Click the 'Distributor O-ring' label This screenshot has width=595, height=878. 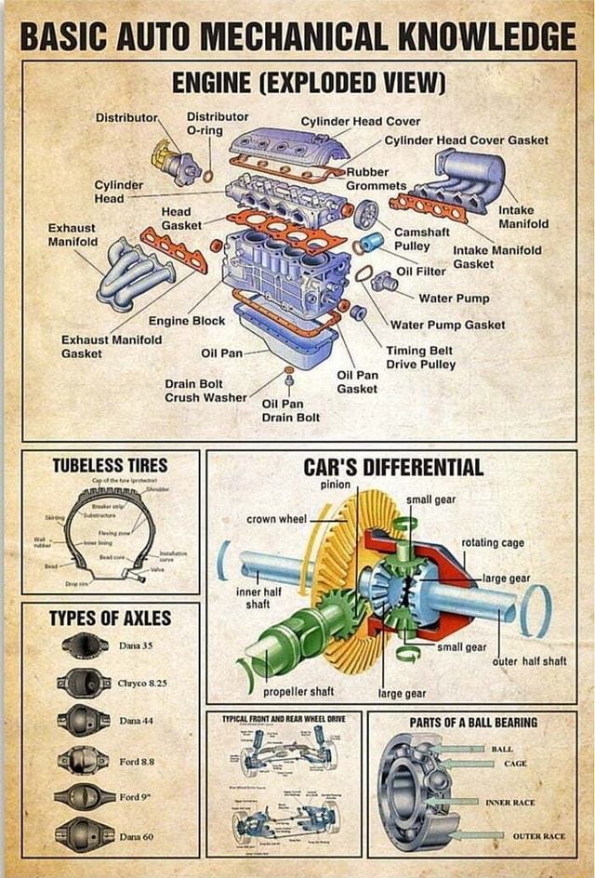point(218,124)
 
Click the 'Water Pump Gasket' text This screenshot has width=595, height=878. point(447,325)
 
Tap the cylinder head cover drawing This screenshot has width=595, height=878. point(276,147)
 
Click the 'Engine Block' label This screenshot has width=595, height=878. point(187,321)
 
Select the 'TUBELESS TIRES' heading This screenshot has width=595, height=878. point(110,465)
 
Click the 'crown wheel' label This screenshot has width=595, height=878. point(276,518)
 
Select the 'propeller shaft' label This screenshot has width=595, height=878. point(298,692)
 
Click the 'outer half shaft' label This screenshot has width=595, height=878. point(529,661)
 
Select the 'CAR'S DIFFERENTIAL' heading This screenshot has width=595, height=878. point(393,467)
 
